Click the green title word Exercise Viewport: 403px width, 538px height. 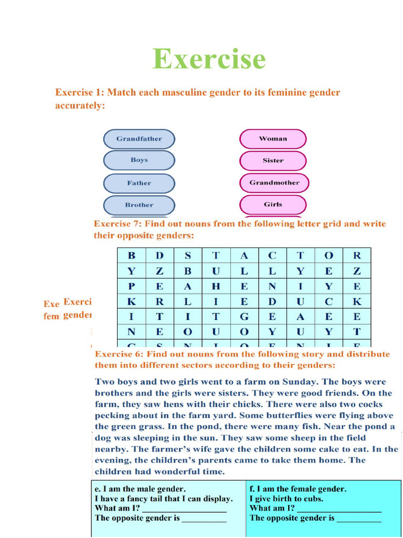(x=209, y=58)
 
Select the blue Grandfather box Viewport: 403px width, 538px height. (x=139, y=139)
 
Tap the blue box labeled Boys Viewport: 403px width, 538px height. (x=139, y=160)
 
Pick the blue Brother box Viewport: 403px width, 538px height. (x=139, y=205)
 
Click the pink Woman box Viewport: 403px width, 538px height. (x=273, y=139)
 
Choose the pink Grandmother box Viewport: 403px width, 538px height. (x=274, y=183)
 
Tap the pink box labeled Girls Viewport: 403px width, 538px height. (x=273, y=204)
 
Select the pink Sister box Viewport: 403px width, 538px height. (x=273, y=161)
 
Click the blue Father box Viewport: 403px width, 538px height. (x=139, y=183)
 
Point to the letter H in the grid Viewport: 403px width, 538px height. (x=216, y=286)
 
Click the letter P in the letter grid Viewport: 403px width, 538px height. (x=131, y=286)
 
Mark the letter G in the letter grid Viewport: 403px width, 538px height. (x=244, y=317)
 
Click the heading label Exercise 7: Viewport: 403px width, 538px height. (x=118, y=224)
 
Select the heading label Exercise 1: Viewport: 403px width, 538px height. (x=80, y=92)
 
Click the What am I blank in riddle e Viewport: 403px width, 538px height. (x=184, y=509)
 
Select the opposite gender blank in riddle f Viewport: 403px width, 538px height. (x=358, y=518)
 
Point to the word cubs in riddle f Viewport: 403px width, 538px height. (x=313, y=499)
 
